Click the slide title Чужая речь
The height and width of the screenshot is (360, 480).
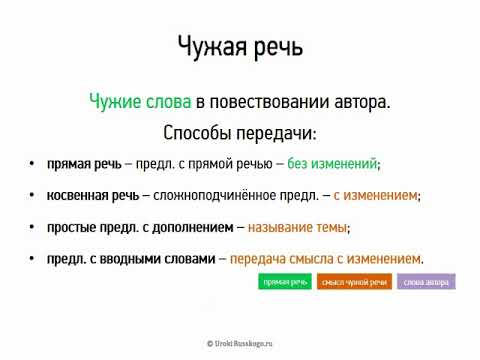coord(239,46)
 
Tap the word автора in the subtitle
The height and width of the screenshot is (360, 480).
coord(360,101)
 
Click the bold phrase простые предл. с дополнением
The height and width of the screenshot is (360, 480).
coord(138,228)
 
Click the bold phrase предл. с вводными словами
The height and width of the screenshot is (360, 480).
coord(130,259)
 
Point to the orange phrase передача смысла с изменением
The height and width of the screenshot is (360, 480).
coord(325,259)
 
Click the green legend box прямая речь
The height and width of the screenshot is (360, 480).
coord(284,282)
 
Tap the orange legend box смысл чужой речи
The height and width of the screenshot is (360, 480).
coord(354,282)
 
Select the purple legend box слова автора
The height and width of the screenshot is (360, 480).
coord(426,282)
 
